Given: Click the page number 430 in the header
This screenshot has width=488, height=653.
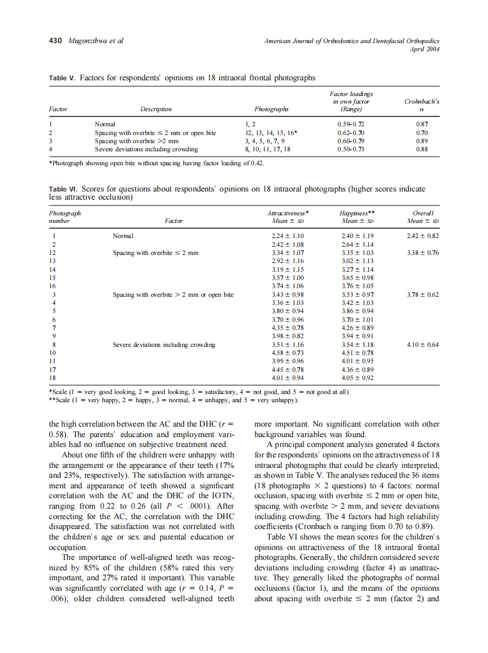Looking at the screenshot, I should (x=56, y=41).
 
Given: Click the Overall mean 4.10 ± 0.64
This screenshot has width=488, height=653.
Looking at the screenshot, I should (x=423, y=345).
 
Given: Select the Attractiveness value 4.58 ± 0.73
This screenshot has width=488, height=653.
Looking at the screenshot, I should (x=288, y=353).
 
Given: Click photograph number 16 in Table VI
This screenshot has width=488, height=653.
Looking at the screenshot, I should (x=53, y=286).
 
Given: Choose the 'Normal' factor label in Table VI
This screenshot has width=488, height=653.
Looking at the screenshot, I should (x=123, y=236).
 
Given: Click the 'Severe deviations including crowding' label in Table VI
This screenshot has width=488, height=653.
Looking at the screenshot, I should (x=164, y=345).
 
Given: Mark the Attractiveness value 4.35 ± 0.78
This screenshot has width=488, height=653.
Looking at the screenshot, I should (x=288, y=328).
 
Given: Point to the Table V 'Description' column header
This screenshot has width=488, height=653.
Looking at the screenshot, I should (x=155, y=109).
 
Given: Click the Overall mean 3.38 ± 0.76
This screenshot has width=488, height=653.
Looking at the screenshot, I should (x=423, y=253).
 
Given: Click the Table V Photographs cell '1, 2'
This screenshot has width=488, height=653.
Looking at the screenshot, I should (x=252, y=125).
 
